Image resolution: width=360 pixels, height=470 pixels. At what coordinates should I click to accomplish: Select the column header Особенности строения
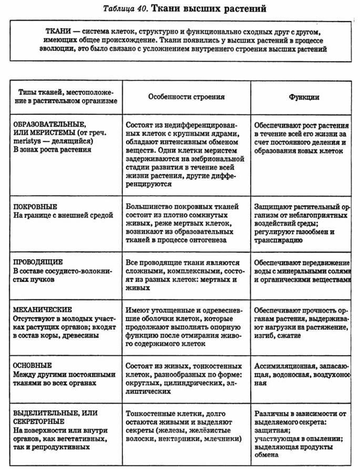tap(186, 97)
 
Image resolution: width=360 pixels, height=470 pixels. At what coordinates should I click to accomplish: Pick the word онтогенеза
tap(208, 241)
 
